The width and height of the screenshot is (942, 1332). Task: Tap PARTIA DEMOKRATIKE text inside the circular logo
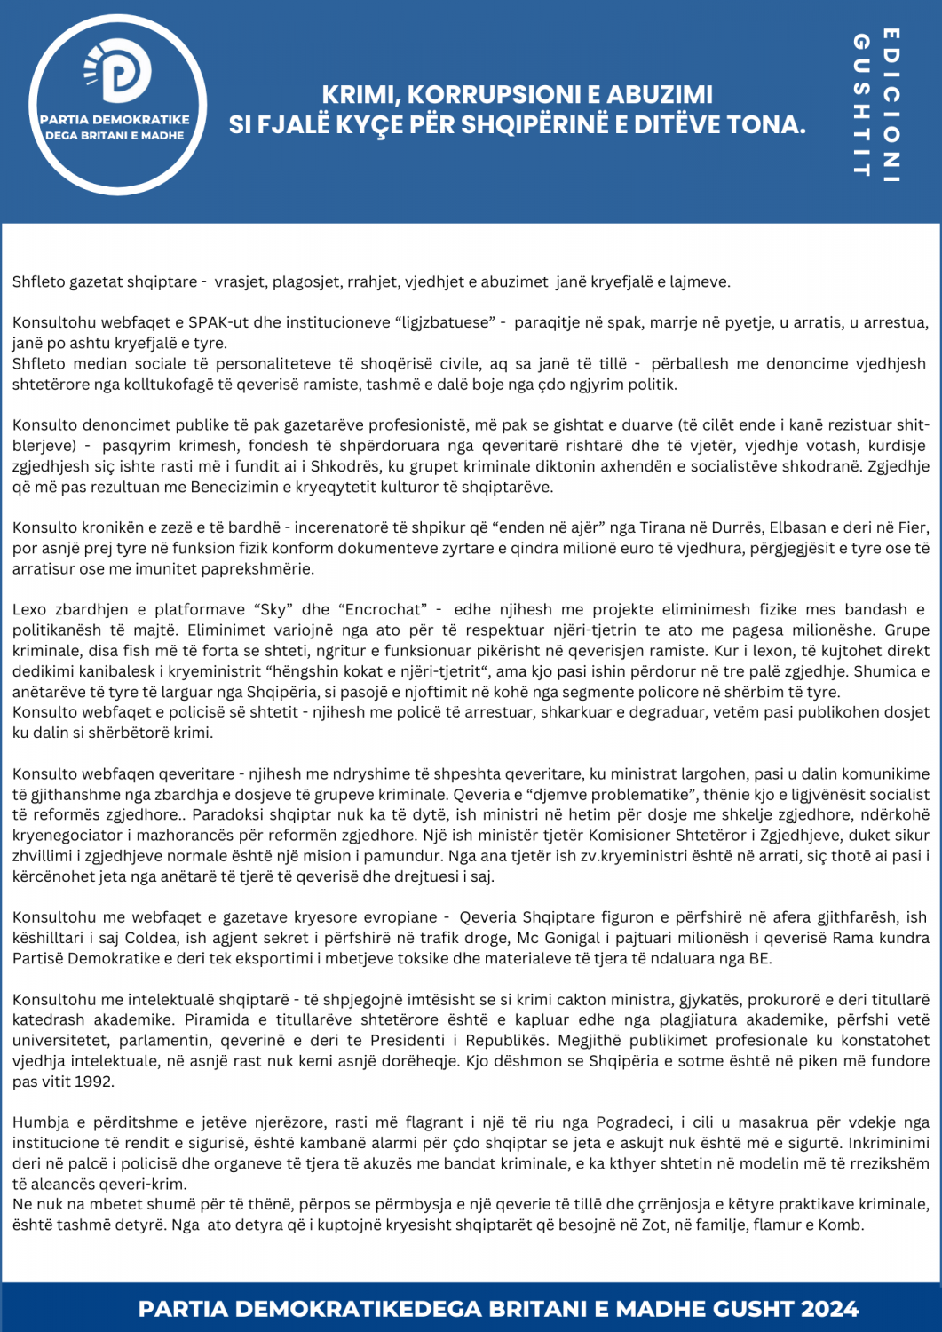[x=115, y=120]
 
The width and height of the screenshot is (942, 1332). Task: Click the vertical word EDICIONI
[x=891, y=105]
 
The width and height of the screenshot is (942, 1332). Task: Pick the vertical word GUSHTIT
[x=860, y=105]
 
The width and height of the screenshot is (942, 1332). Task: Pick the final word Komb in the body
[x=840, y=1225]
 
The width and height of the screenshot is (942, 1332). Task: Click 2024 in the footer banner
[x=829, y=1309]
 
